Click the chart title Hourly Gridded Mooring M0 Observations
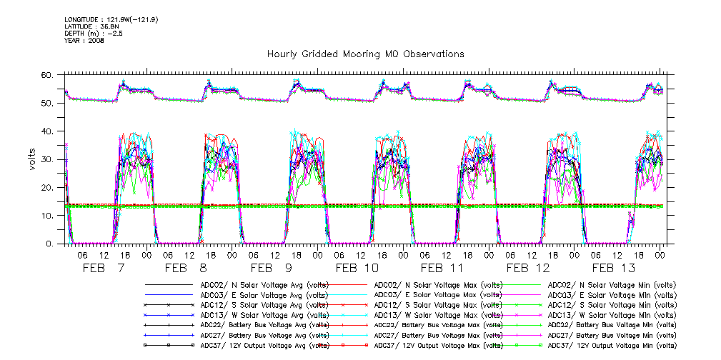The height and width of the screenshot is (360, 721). pos(365,54)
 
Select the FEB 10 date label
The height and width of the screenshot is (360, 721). pos(357,268)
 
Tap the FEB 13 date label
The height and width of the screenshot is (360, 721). pos(613,268)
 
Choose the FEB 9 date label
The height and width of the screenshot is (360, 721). pos(272,268)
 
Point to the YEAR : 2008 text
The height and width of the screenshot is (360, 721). pos(84,41)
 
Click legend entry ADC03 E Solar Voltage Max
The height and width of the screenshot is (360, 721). pos(437,294)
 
